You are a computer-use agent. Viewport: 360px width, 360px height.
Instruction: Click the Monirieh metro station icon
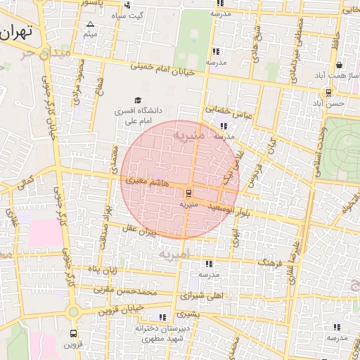coord(188,193)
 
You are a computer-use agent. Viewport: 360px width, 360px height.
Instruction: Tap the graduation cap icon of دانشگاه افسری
coord(137,100)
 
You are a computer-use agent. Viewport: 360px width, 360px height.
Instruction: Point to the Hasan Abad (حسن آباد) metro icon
coord(328,93)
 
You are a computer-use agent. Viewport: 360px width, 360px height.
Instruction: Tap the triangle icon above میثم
coord(90,24)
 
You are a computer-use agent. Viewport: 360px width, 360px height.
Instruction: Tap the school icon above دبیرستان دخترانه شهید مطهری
coord(163,318)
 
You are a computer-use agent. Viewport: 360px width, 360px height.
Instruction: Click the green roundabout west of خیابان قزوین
coord(72,312)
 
